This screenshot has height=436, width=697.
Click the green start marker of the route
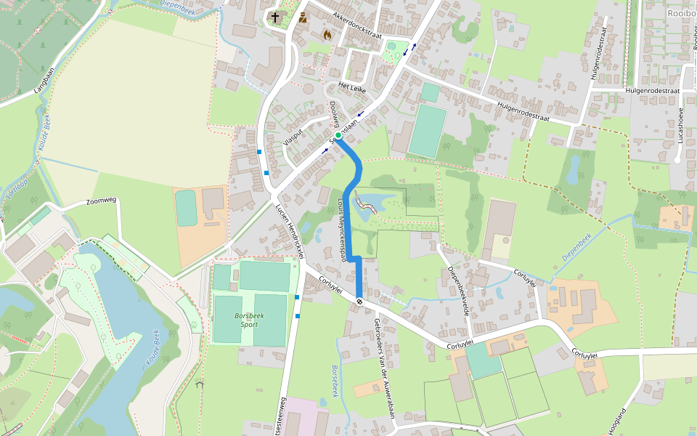coord(338,135)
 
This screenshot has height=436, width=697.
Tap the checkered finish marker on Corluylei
coord(359,301)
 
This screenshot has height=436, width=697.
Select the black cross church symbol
coord(275,17)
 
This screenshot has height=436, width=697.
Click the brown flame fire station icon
coord(327,34)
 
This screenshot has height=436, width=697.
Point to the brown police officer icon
coord(302,17)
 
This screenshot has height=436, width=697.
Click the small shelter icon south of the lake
coord(199,384)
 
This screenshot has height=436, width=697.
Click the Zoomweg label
coord(101,201)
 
